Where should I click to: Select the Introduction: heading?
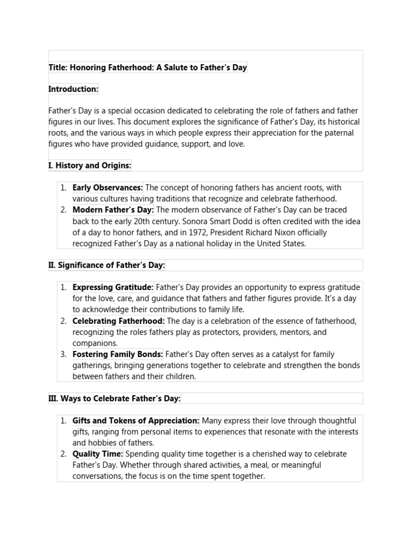73,89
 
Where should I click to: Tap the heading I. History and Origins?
89,165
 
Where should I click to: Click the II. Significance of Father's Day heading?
106,265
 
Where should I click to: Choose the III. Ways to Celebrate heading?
115,398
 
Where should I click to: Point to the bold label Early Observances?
108,188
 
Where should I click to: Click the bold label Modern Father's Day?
113,210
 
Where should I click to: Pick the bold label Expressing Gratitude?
113,287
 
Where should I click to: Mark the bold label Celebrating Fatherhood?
118,321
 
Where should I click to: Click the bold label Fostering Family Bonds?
118,354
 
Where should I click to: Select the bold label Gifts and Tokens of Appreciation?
136,421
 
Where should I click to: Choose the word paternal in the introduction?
340,133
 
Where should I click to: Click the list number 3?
63,354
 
